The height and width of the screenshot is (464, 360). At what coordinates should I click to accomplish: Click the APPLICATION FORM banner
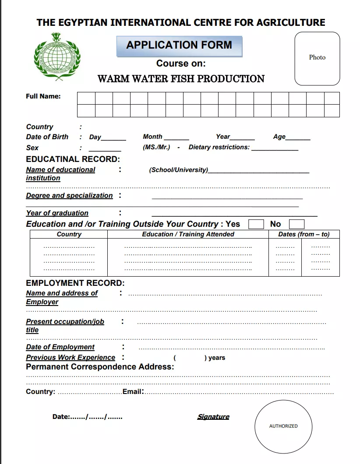pyautogui.click(x=179, y=46)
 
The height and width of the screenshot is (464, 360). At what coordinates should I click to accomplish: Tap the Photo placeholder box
pyautogui.click(x=317, y=58)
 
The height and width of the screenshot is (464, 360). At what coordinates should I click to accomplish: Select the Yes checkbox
pyautogui.click(x=256, y=225)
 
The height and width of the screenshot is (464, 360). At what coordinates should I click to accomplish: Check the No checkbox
pyautogui.click(x=296, y=225)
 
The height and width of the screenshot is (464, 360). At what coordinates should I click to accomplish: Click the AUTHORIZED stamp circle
pyautogui.click(x=283, y=426)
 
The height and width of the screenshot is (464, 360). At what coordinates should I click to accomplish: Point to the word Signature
pyautogui.click(x=213, y=417)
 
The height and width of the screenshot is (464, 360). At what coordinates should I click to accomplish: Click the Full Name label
pyautogui.click(x=43, y=96)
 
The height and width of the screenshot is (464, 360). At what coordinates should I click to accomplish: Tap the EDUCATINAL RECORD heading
pyautogui.click(x=73, y=159)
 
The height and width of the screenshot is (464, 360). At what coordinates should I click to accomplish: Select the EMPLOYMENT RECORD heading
pyautogui.click(x=75, y=283)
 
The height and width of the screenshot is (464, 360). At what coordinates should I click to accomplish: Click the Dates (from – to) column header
pyautogui.click(x=304, y=234)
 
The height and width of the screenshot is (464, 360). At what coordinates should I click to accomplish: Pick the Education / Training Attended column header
pyautogui.click(x=188, y=234)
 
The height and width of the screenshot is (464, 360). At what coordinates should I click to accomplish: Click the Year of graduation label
pyautogui.click(x=57, y=213)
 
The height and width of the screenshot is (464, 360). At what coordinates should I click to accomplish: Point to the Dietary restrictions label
pyautogui.click(x=219, y=147)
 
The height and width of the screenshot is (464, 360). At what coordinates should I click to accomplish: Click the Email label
pyautogui.click(x=133, y=392)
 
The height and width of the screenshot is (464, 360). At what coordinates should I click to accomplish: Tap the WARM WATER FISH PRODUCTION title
pyautogui.click(x=181, y=79)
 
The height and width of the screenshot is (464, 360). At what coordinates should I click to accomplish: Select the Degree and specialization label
pyautogui.click(x=69, y=196)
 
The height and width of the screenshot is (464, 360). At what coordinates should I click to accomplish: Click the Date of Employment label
pyautogui.click(x=60, y=347)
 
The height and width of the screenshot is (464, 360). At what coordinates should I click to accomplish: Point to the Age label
pyautogui.click(x=279, y=137)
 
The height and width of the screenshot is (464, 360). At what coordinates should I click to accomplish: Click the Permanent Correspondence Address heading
pyautogui.click(x=100, y=367)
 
